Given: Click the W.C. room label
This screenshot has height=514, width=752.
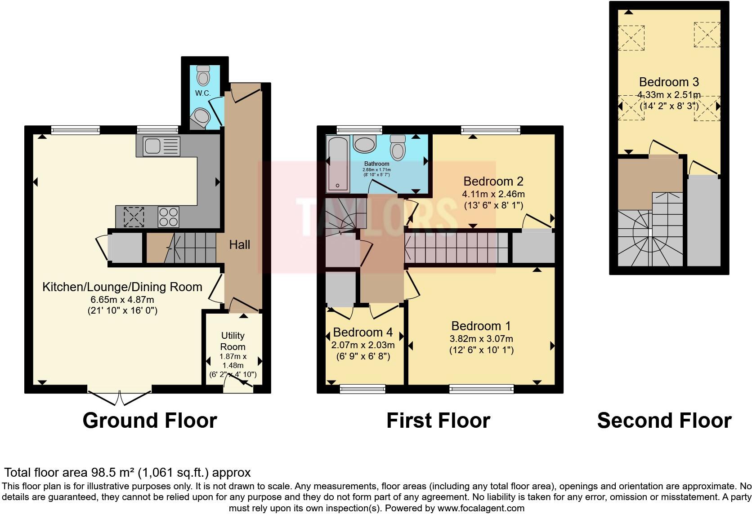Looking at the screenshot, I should pyautogui.click(x=203, y=93).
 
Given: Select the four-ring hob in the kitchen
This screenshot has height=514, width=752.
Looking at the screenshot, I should pyautogui.click(x=168, y=217).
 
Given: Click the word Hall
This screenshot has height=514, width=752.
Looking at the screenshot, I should pyautogui.click(x=239, y=245).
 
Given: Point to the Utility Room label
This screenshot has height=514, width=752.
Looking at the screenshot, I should pyautogui.click(x=233, y=341).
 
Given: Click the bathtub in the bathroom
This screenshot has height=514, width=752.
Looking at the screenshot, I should pyautogui.click(x=337, y=164).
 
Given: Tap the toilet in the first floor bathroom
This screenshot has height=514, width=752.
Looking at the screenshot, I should pyautogui.click(x=398, y=147).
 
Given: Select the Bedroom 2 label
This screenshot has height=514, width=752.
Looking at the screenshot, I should pyautogui.click(x=493, y=182).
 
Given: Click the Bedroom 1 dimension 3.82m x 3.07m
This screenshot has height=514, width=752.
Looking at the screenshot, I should pyautogui.click(x=481, y=339).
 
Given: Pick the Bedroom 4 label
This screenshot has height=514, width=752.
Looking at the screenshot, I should pyautogui.click(x=363, y=332).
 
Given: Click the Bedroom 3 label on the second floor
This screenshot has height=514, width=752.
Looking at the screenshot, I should pyautogui.click(x=668, y=82).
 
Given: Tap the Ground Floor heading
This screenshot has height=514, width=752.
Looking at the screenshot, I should pyautogui.click(x=150, y=421).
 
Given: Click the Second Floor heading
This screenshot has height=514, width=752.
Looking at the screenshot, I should pyautogui.click(x=664, y=421).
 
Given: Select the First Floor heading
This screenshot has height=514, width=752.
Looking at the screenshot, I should pyautogui.click(x=438, y=421).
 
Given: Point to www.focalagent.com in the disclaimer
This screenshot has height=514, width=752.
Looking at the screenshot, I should pyautogui.click(x=481, y=508).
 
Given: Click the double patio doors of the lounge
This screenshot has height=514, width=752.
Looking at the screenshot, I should pyautogui.click(x=120, y=397).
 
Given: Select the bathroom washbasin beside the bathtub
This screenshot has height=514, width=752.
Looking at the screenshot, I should pyautogui.click(x=365, y=145).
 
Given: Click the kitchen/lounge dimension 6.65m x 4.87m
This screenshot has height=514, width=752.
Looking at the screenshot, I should pyautogui.click(x=122, y=299).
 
